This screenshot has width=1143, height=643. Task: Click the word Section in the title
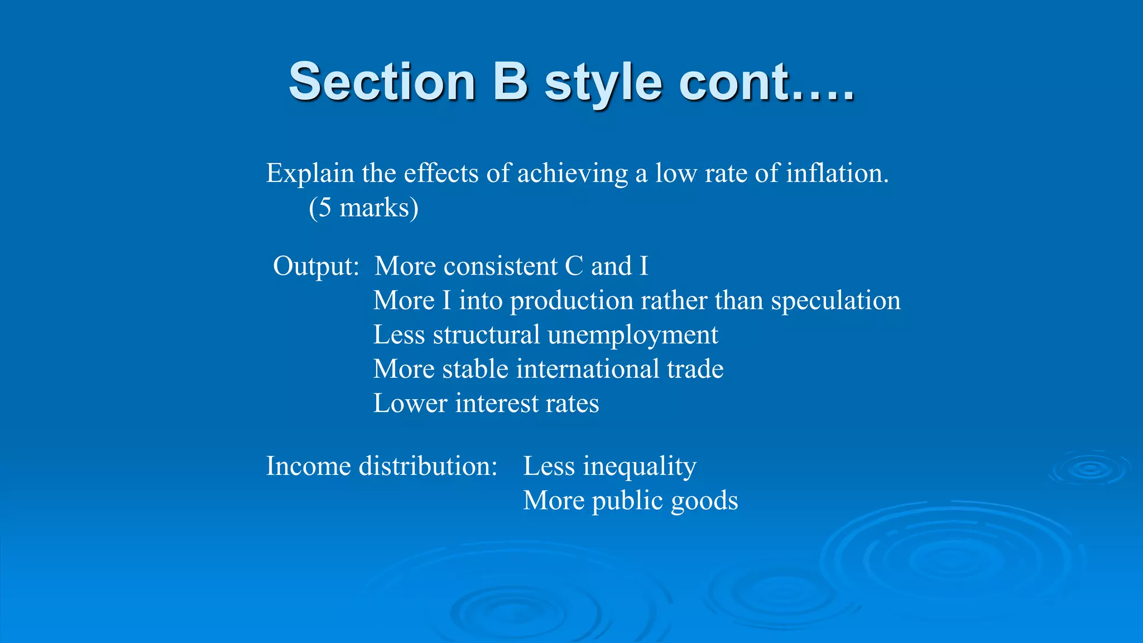point(382,82)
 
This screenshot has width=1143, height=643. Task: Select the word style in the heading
point(603,84)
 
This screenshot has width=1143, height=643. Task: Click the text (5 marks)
point(363,208)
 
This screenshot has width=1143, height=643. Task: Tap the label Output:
point(316,266)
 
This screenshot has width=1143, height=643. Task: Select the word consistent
point(500,266)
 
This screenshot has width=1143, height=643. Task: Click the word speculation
point(835,301)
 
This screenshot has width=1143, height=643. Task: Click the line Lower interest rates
point(486,404)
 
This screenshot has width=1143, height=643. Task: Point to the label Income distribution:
point(381,466)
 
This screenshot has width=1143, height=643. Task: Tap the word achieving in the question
point(572,174)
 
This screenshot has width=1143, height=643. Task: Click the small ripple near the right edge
point(1089,469)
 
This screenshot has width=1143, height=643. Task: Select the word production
point(571,301)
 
